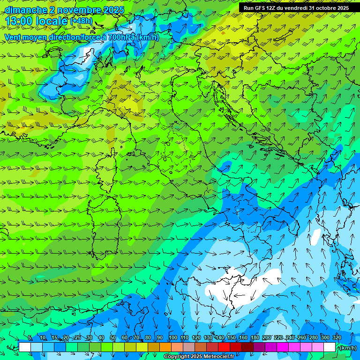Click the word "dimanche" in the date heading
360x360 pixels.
[x=24, y=10]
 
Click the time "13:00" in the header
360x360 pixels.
[x=19, y=21]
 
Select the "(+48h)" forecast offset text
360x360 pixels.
[x=81, y=21]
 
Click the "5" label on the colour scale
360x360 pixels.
[x=30, y=338]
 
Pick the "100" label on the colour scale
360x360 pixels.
[x=173, y=338]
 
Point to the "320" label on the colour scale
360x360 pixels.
[x=337, y=338]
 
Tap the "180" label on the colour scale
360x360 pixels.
[x=255, y=338]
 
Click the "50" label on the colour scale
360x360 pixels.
[x=113, y=338]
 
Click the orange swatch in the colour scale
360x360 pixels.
[x=165, y=347]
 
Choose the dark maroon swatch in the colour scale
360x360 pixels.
[x=247, y=347]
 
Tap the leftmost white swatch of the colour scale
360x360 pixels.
[x=25, y=347]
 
